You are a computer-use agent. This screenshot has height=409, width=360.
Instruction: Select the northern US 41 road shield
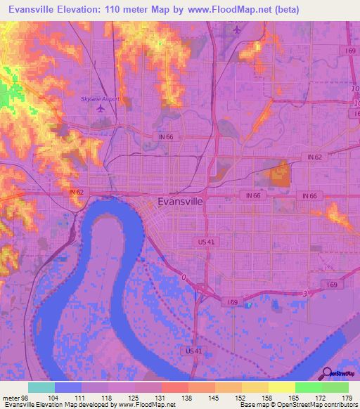point(203,241)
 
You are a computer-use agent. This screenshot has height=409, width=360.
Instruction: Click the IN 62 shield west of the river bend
point(77,192)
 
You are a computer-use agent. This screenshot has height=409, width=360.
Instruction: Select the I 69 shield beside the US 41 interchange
point(233,301)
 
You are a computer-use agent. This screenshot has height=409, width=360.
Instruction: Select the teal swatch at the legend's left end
point(41,387)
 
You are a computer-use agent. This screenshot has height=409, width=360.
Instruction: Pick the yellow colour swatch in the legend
point(281,387)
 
